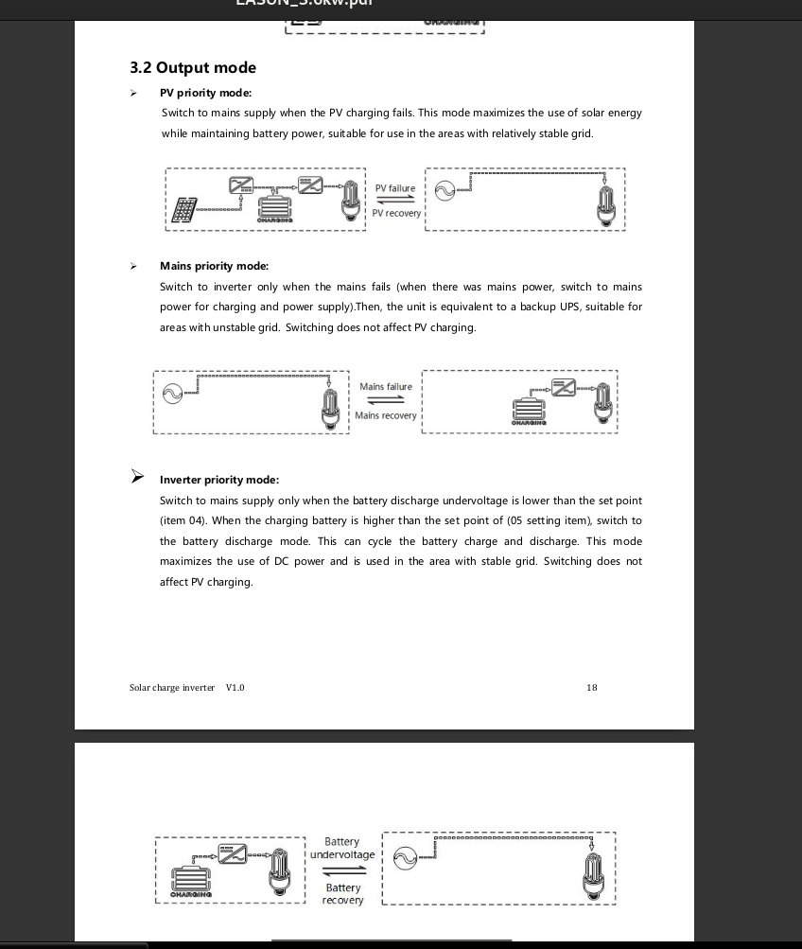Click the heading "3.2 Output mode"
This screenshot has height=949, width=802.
click(193, 68)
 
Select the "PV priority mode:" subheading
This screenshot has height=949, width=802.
click(205, 93)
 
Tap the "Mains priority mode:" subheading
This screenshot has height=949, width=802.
click(214, 266)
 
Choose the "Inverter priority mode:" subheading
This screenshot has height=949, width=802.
click(219, 480)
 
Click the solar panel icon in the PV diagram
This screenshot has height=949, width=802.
click(184, 210)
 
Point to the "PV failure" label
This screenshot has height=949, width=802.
click(395, 188)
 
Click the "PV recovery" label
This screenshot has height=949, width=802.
click(396, 214)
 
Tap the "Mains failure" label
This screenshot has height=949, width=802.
click(386, 386)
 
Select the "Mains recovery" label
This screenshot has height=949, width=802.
click(386, 416)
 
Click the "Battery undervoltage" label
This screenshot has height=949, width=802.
click(342, 848)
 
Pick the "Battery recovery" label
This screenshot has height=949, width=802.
click(342, 894)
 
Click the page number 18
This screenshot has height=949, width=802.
click(592, 688)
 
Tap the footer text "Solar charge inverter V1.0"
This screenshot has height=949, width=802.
click(186, 688)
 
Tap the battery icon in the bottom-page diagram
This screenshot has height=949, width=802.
click(192, 879)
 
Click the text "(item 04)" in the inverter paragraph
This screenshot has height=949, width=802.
click(183, 520)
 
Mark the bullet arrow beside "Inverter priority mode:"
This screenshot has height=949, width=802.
click(138, 477)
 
